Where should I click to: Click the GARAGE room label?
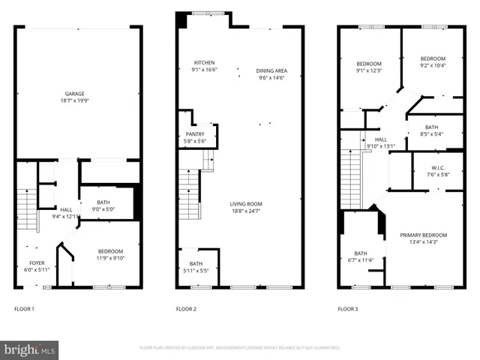coord(73,94)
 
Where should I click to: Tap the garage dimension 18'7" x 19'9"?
coord(73,101)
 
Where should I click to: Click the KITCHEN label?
coord(204,62)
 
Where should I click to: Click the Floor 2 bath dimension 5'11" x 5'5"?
coord(196,270)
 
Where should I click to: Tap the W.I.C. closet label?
coord(439,167)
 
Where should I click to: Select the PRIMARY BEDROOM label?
coord(424,235)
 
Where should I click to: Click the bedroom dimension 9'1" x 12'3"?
coord(369,70)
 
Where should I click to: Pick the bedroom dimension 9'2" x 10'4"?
coord(433,66)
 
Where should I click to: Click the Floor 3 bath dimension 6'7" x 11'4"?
coord(360,260)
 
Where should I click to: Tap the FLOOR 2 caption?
coord(186,309)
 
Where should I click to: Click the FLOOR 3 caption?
coord(347,309)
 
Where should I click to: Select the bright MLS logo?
coord(30,349)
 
